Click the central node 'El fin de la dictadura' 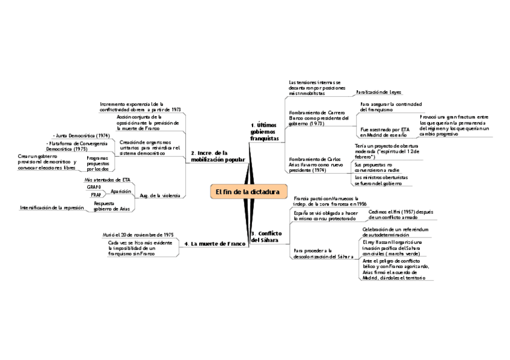pyautogui.click(x=248, y=192)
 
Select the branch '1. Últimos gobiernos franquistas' pyautogui.click(x=265, y=132)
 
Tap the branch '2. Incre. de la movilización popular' pyautogui.click(x=218, y=156)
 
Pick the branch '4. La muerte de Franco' pyautogui.click(x=215, y=243)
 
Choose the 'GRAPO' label pyautogui.click(x=94, y=188)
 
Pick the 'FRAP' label pyautogui.click(x=96, y=195)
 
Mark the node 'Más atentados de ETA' pyautogui.click(x=108, y=180)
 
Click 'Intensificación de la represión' pyautogui.click(x=52, y=207)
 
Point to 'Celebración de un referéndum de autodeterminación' pyautogui.click(x=395, y=232)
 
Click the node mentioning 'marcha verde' pyautogui.click(x=393, y=249)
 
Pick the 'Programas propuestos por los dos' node pyautogui.click(x=97, y=163)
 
